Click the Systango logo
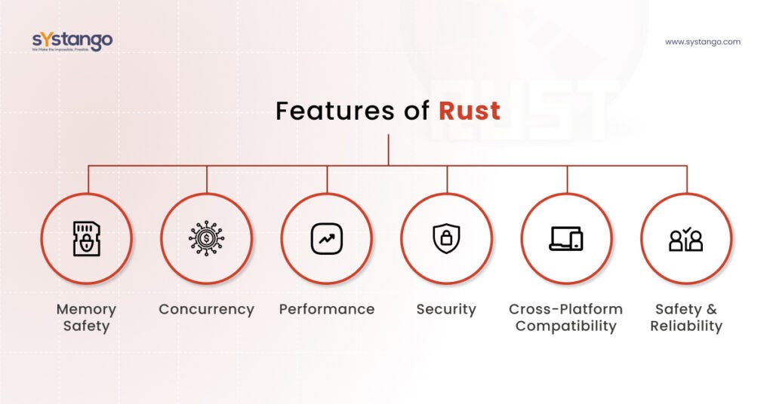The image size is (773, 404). coord(72,41)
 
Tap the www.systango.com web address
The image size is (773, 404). coord(702,42)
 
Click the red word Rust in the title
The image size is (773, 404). coord(470,111)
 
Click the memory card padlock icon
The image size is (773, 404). coord(87,239)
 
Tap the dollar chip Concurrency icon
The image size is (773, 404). coord(206,239)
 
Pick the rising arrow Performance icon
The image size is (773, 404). coord(326,239)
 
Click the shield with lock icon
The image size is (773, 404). coord(446,239)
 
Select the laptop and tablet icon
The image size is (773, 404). coord(565,239)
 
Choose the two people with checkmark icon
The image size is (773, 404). coord(685,239)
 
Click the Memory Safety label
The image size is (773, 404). coord(87,317)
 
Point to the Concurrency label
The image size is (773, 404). coord(206,309)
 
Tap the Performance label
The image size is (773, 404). coord(326,309)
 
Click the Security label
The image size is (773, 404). coord(446,309)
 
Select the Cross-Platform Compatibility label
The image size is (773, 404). coord(565,317)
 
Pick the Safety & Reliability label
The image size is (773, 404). coord(685,317)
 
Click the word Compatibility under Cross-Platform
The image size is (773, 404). coord(565,326)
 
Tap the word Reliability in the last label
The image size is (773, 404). coord(685,326)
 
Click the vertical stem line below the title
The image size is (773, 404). coord(389,149)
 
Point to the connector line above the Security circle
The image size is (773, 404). coord(447,179)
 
